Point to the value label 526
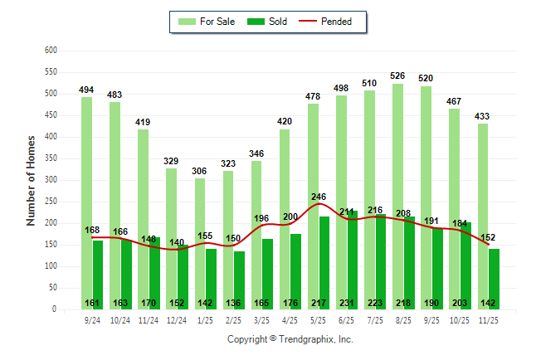point(399,77)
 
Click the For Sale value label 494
point(86,90)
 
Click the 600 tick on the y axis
point(51,51)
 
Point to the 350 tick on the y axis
point(51,158)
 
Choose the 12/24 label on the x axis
point(177,319)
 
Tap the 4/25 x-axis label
point(290,319)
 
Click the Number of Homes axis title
point(31,180)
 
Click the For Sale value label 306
point(199,148)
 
